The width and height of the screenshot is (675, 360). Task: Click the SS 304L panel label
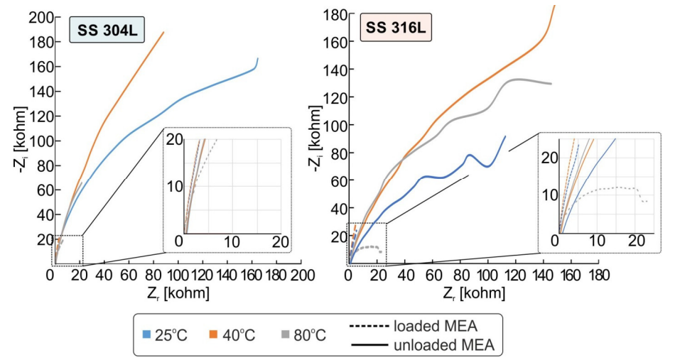(x=107, y=30)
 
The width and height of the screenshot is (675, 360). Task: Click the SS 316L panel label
(x=396, y=28)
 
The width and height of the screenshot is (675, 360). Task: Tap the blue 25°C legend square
(x=147, y=334)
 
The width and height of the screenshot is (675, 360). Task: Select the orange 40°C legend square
(x=214, y=334)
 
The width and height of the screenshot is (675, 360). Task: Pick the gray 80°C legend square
(x=286, y=334)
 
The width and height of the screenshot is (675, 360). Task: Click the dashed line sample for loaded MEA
(x=369, y=327)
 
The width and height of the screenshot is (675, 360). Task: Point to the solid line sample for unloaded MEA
(x=369, y=345)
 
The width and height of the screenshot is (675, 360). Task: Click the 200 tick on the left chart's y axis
(x=41, y=18)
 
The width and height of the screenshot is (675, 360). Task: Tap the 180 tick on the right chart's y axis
(x=335, y=15)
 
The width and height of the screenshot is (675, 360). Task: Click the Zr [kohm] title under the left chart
(x=178, y=293)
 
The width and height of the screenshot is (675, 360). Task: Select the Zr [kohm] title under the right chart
(x=473, y=293)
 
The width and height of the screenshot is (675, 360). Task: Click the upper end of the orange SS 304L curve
(x=163, y=32)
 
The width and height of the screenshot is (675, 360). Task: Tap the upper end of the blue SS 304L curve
(x=258, y=58)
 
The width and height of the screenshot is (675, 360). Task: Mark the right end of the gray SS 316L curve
(x=551, y=84)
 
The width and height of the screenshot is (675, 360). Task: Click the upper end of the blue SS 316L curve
(x=505, y=136)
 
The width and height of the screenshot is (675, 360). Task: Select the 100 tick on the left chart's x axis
(x=178, y=275)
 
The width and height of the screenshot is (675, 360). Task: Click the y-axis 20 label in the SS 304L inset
(x=175, y=139)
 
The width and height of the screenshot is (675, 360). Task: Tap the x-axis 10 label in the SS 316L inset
(x=597, y=241)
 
